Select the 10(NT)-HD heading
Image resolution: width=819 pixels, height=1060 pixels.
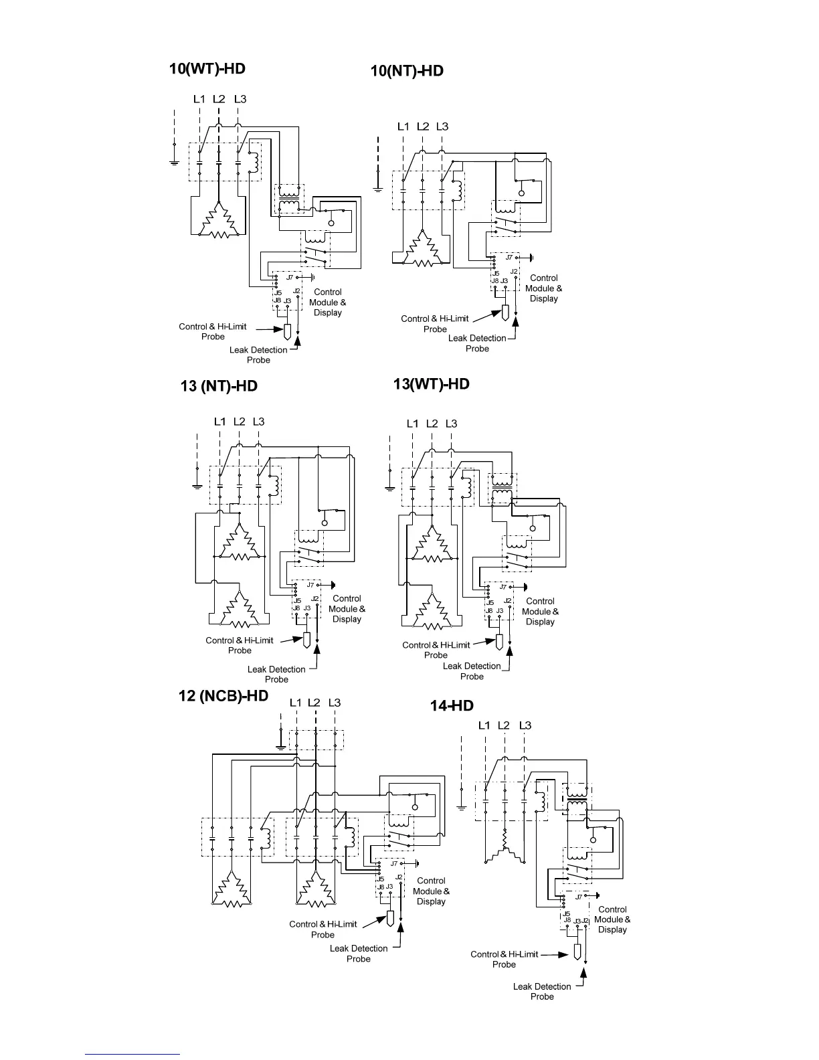407,71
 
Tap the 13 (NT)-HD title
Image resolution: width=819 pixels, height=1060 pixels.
219,386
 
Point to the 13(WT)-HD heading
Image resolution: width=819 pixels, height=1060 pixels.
431,384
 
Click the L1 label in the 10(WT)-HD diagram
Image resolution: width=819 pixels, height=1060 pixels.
199,99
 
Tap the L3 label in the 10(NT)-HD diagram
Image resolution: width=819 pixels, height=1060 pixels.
442,126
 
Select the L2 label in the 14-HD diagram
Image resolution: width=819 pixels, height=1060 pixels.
504,725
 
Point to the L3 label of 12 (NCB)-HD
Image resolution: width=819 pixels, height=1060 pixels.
334,703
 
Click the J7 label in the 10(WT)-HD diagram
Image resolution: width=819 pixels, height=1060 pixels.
290,277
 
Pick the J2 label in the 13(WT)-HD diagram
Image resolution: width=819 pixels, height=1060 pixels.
507,601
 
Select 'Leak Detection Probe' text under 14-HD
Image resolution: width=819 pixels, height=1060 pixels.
542,991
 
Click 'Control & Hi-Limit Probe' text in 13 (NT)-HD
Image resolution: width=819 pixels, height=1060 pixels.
240,645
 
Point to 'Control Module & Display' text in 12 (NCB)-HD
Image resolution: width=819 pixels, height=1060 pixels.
431,891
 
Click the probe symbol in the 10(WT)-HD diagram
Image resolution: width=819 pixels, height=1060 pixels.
286,331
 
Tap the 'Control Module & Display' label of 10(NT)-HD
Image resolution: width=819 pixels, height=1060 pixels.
543,288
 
